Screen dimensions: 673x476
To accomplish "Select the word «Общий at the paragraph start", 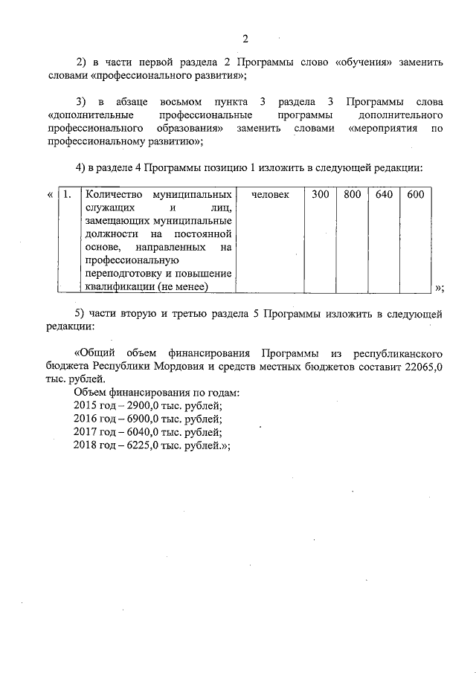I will tap(96, 351).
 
